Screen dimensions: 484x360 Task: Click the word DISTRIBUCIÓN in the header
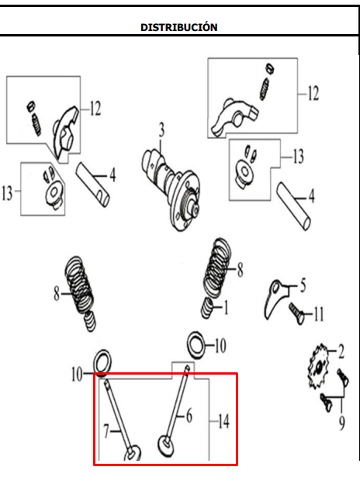click(178, 27)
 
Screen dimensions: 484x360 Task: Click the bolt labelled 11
click(296, 313)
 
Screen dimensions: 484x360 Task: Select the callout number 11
click(318, 314)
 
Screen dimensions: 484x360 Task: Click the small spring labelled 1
click(207, 310)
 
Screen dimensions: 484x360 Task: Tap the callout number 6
click(188, 416)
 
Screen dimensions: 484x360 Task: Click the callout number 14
click(223, 422)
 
